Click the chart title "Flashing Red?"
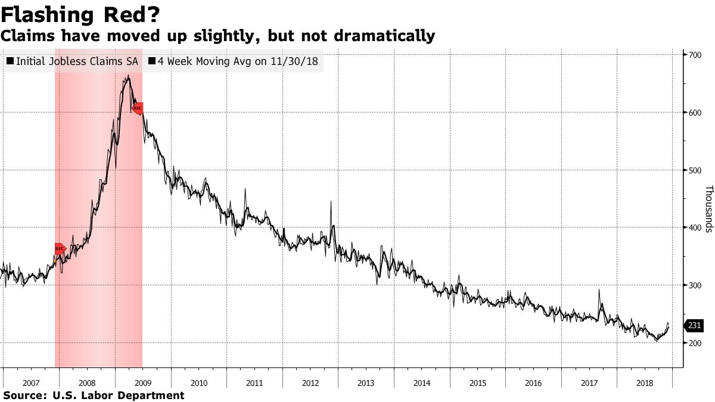[80, 14]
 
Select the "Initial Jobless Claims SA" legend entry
[71, 61]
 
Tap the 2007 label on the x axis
[30, 383]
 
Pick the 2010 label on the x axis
[198, 383]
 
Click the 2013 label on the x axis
[366, 383]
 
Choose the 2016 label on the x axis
[533, 383]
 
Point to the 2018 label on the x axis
[645, 383]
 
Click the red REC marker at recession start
[60, 248]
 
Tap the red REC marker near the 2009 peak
[138, 108]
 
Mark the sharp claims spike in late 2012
[331, 202]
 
